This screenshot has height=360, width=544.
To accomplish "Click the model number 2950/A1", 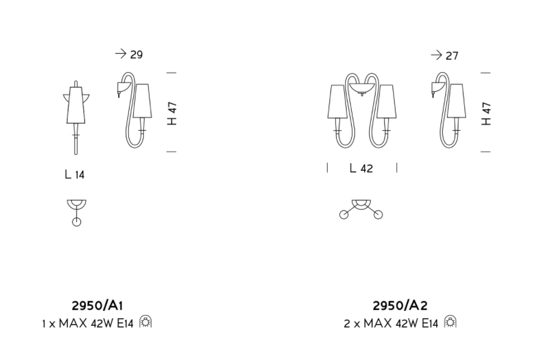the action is [97, 306].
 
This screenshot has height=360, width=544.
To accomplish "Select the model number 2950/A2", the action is [400, 306].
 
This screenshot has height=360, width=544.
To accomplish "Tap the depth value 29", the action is [137, 55].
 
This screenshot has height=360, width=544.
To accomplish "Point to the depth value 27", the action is [452, 56].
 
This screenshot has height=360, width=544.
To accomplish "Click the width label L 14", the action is [75, 174].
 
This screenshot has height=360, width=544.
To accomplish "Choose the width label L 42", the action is [361, 168].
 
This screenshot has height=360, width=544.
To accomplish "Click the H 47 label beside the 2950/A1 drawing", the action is [172, 113].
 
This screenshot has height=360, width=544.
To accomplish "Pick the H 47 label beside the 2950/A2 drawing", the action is [487, 113].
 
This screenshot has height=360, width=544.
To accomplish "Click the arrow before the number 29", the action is [121, 54].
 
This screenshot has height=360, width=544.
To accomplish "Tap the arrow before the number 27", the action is [436, 55].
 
